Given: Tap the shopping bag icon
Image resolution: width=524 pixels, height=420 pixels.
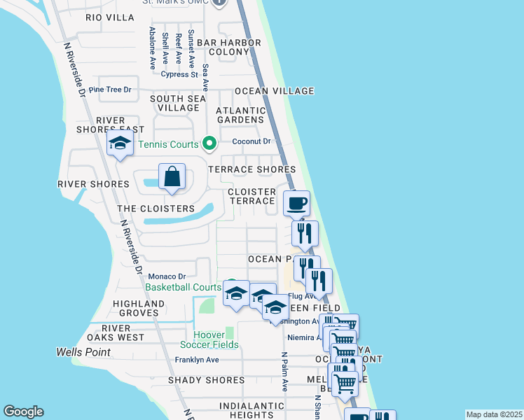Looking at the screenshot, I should coord(172,178).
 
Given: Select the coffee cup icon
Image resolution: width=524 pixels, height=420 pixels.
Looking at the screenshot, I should coord(296,204).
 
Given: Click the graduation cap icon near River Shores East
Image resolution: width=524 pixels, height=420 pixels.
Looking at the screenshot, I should coord(120,144).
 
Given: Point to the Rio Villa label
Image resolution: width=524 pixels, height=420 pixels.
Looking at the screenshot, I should coord(110,17).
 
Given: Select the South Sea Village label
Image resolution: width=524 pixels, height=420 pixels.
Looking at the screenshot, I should coord(179,103).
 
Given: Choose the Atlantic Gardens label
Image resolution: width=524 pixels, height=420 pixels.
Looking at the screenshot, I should coord(241,115).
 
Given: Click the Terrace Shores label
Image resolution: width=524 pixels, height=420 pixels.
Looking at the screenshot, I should coord(252,169).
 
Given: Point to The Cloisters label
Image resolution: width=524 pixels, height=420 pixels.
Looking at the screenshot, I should coord(156,209).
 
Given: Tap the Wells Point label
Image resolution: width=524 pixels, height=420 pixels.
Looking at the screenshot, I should coord(83,351).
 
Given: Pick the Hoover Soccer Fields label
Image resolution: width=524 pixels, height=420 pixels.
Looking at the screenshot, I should coord(209,339).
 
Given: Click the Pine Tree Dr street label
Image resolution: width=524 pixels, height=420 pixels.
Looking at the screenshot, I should coord(106,90).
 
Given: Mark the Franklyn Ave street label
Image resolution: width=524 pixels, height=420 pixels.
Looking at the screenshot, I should coord(197,360).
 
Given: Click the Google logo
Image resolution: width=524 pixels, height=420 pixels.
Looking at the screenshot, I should coord(23,412).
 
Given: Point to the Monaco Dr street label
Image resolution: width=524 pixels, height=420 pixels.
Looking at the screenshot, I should coord(167,276).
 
